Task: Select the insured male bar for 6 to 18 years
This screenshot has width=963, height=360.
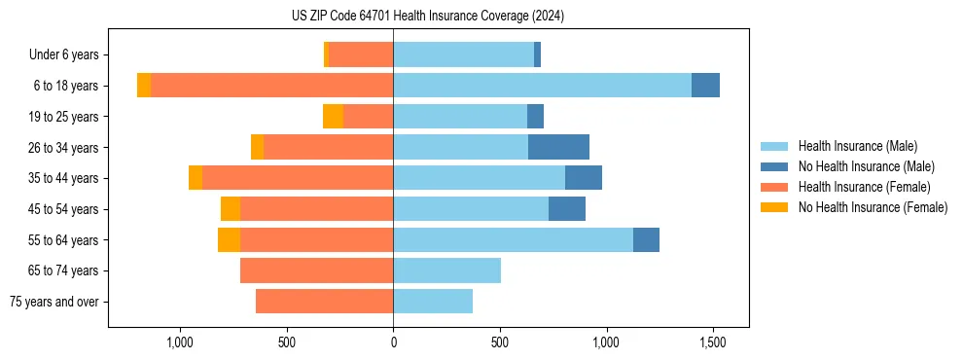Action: click(542, 86)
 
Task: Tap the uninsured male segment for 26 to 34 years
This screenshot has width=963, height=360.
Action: click(558, 147)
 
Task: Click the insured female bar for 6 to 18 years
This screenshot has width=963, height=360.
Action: click(271, 86)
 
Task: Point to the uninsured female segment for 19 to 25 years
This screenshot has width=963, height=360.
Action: click(333, 117)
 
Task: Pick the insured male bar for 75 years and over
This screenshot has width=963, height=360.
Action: click(433, 302)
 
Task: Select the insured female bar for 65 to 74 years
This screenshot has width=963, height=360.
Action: click(316, 270)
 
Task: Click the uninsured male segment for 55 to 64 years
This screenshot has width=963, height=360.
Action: click(646, 239)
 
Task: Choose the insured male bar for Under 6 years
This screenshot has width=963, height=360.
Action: click(463, 54)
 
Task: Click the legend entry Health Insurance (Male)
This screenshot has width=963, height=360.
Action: click(857, 146)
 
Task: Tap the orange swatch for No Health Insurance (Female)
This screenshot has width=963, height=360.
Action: click(775, 207)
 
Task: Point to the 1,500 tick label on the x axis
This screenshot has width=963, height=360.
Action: click(713, 343)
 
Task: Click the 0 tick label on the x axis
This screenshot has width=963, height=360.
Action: click(393, 343)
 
